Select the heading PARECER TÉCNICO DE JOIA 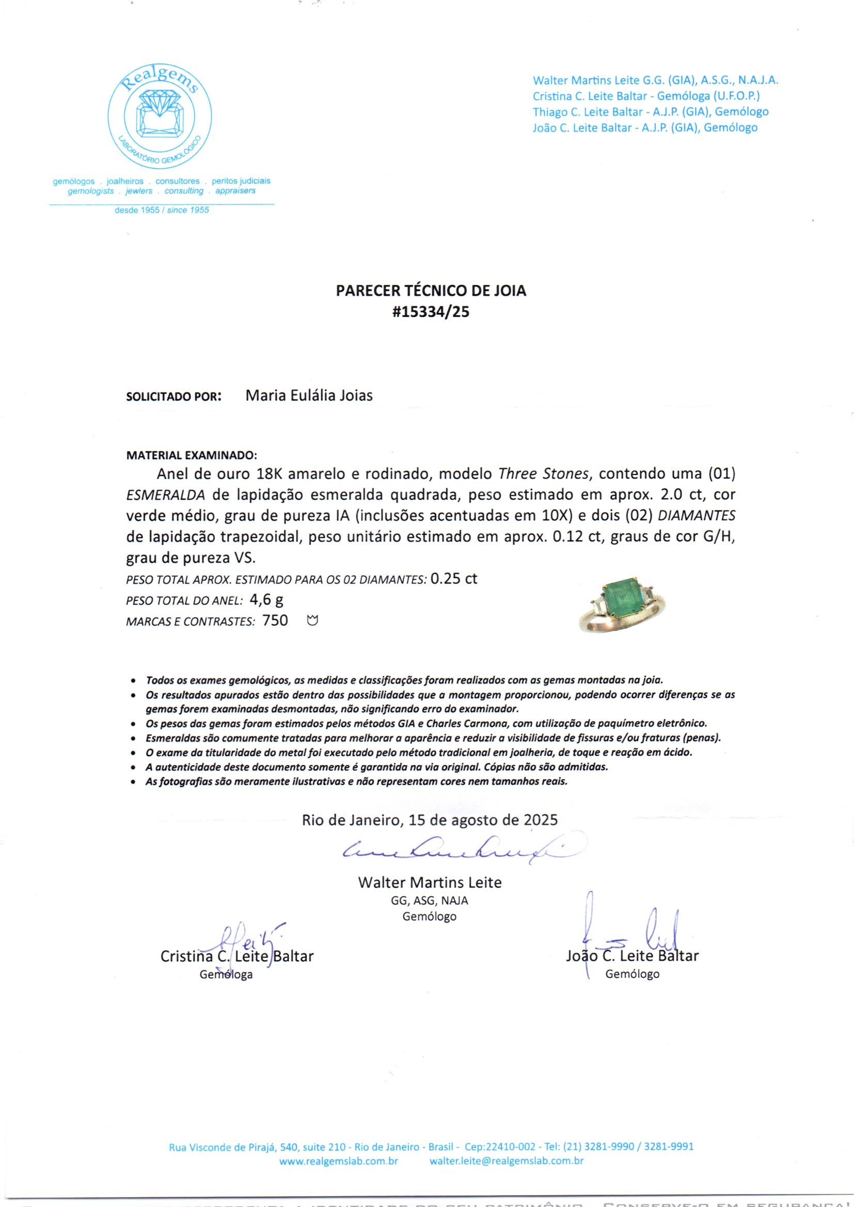tap(431, 290)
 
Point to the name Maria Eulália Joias tap(309, 395)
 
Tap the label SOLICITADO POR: tap(173, 396)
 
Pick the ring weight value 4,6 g tap(266, 600)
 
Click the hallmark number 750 tap(275, 621)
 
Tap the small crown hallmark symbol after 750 tap(313, 622)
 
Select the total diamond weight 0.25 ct tap(454, 579)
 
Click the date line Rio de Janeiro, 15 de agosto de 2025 tap(430, 820)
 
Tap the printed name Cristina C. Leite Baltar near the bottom tap(236, 956)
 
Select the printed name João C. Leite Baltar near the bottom tap(632, 956)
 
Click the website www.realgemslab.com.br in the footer tap(338, 1161)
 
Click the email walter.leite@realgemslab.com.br tap(507, 1161)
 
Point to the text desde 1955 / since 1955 tap(162, 210)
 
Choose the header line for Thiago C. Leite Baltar tap(651, 112)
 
